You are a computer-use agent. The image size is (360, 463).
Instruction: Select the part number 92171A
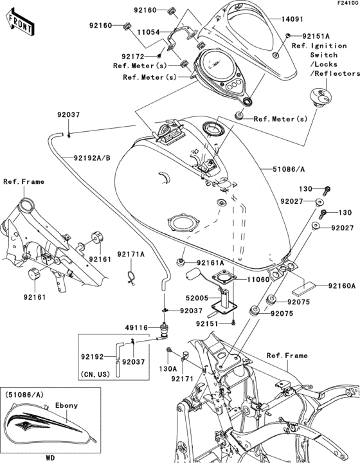(131, 255)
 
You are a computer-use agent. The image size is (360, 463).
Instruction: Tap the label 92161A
(210, 262)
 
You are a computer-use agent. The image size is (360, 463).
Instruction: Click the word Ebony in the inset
(60, 405)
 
